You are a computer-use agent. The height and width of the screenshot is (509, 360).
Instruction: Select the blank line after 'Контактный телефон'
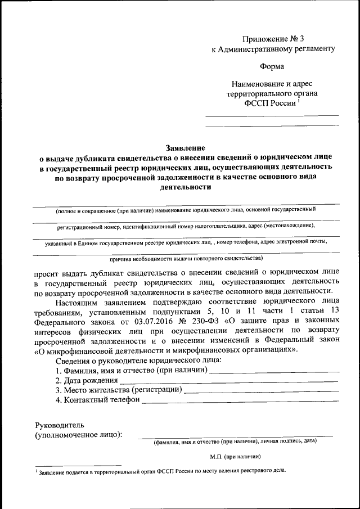tap(240, 400)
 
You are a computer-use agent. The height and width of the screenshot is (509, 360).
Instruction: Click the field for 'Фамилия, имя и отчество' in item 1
tap(274, 371)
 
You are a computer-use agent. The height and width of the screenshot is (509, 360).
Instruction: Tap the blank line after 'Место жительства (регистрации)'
tap(262, 390)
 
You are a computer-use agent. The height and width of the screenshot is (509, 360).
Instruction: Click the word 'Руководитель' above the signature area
tap(60, 425)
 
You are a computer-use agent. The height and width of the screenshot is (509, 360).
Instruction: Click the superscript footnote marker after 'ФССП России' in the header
tap(299, 102)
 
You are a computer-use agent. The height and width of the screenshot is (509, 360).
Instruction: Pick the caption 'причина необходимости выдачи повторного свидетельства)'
tap(186, 258)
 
